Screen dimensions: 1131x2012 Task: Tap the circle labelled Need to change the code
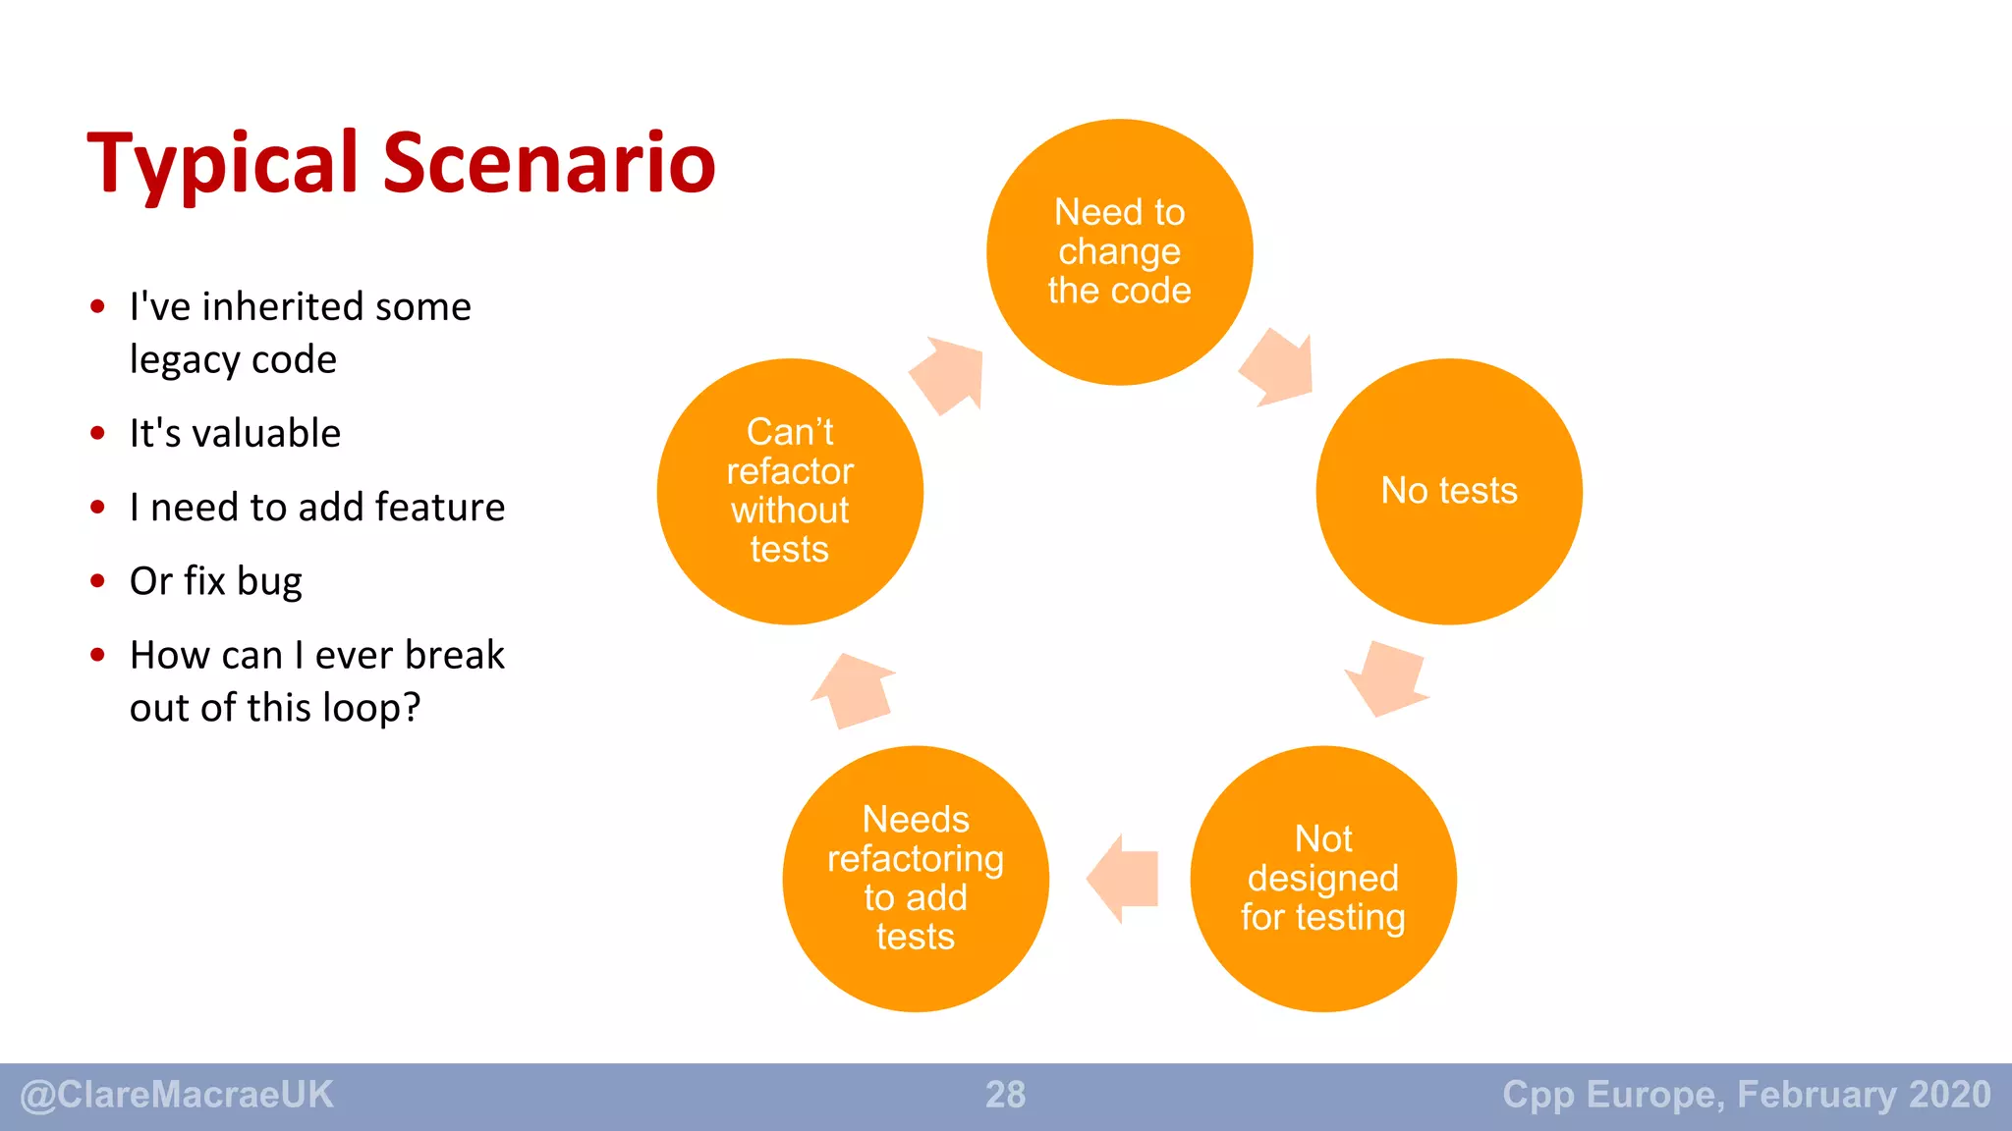pos(1119,252)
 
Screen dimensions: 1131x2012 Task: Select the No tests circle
pos(1448,491)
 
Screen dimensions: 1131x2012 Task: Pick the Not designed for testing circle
pos(1322,879)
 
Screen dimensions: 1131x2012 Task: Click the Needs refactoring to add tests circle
pos(915,879)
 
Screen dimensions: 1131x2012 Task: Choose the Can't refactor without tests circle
pos(790,491)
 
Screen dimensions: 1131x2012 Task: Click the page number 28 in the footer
pos(1005,1095)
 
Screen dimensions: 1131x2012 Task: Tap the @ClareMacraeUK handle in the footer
pos(177,1095)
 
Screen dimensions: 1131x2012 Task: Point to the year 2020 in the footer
pos(1949,1094)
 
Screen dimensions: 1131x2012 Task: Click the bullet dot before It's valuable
pos(97,433)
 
